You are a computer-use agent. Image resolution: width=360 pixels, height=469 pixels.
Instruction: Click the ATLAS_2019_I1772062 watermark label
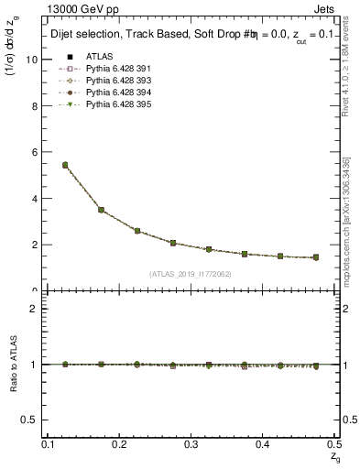click(190, 274)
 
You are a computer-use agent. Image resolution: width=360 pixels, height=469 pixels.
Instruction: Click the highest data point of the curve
click(65, 165)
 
